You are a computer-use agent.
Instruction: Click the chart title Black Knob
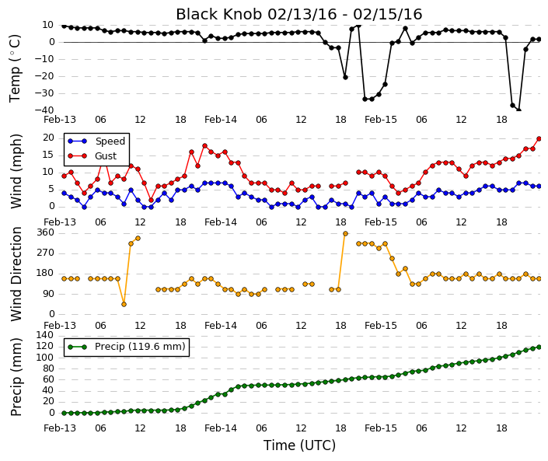pos(218,14)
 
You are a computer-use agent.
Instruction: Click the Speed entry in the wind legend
pos(96,141)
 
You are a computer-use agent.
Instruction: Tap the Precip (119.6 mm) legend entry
pos(127,347)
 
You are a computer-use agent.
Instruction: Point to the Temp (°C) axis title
pos(15,68)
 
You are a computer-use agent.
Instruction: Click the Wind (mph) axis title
pos(16,171)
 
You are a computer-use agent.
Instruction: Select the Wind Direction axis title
pos(16,274)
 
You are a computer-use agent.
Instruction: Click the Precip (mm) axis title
pos(16,377)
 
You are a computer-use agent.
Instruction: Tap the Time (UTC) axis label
pos(299,445)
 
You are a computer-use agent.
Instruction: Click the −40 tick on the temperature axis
pos(44,110)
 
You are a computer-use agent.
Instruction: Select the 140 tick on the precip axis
pos(45,336)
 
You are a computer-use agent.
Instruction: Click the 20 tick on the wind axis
pos(48,138)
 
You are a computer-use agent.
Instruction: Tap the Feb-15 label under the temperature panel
pos(381,120)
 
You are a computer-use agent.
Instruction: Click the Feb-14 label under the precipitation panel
pos(221,428)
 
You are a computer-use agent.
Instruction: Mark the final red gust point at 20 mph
pos(539,138)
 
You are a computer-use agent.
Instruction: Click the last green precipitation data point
pos(539,347)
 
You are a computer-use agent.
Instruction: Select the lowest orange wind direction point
pos(124,305)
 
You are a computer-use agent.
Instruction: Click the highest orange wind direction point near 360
pos(345,234)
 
